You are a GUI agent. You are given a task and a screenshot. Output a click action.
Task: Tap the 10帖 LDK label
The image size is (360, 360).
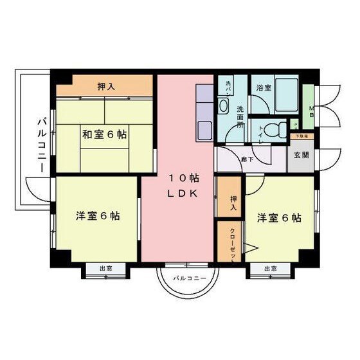tap(182, 185)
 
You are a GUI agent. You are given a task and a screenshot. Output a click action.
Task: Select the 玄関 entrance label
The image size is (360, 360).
tap(301, 156)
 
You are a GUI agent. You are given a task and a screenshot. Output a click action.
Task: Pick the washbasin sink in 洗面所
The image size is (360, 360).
tap(224, 105)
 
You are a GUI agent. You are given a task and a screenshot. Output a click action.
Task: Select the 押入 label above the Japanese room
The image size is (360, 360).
tap(106, 86)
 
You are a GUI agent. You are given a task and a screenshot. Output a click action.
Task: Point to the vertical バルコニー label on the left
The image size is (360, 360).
tap(40, 143)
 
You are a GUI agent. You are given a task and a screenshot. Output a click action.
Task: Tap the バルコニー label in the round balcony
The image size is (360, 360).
tap(189, 278)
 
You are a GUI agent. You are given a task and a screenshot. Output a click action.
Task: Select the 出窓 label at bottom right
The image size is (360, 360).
tap(270, 269)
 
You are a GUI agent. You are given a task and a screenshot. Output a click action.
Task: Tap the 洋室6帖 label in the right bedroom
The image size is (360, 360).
tap(279, 217)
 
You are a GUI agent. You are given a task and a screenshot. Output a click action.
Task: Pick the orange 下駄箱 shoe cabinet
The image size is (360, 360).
tap(301, 136)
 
